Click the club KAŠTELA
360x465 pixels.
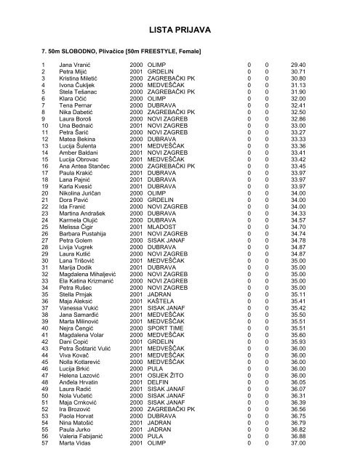click(x=161, y=299)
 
